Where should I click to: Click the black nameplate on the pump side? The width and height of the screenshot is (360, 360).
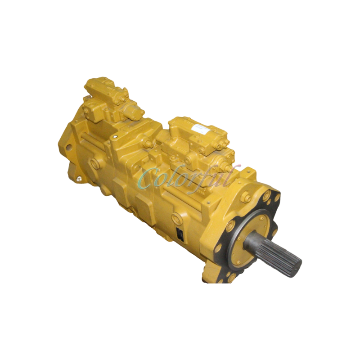[x=180, y=234]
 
